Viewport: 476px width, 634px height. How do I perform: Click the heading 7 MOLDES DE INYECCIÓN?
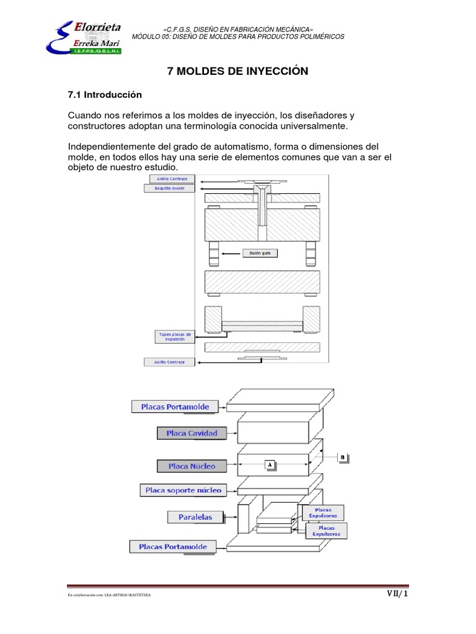[x=238, y=72]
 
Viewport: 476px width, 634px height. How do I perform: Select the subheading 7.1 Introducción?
[x=105, y=95]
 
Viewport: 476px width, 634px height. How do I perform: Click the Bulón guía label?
[x=260, y=253]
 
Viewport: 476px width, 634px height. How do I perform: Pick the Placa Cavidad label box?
[x=192, y=433]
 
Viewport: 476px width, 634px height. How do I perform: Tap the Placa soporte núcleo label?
[x=183, y=490]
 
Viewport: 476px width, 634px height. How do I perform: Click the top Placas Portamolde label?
[x=179, y=407]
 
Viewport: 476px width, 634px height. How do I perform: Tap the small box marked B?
[x=343, y=458]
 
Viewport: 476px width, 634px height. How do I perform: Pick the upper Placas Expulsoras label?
[x=322, y=512]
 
